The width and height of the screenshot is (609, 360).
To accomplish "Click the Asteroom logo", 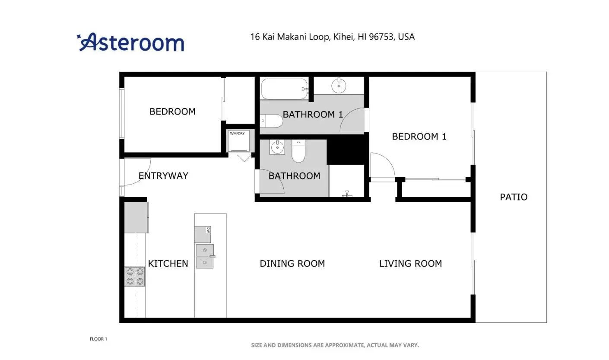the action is coord(130,42).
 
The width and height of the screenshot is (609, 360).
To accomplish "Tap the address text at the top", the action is coord(332,37).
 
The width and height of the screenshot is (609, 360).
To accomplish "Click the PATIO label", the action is coord(514,197).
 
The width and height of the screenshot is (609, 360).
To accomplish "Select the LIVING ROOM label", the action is coord(410,263).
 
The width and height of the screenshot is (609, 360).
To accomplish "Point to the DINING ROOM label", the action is coord(292,263).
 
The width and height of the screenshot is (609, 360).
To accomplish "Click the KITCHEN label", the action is coord(168,263).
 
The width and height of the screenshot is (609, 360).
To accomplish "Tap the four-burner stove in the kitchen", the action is coord(135,276).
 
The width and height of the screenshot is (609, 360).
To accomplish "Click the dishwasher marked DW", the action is coord(203,234).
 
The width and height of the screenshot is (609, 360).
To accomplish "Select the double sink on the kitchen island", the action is coord(205,256).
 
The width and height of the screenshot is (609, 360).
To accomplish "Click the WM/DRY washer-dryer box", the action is coord(238,141).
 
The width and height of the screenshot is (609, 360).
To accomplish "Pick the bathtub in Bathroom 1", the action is coord(284,89).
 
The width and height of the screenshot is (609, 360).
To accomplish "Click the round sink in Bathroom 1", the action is coord(339,86).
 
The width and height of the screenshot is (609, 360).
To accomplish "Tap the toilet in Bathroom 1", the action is coord(271,121).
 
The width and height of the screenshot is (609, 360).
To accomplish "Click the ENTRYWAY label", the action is coord(163,175).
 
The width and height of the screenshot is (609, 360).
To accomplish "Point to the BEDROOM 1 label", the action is coord(419,136).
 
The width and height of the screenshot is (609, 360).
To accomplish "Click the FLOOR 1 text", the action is coord(98,339).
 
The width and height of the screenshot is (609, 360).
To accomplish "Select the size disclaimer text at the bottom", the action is coord(335,345).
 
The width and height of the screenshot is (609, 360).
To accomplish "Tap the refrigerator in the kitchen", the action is coord(136,217).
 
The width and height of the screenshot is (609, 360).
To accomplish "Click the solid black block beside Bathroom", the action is coord(347,150).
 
